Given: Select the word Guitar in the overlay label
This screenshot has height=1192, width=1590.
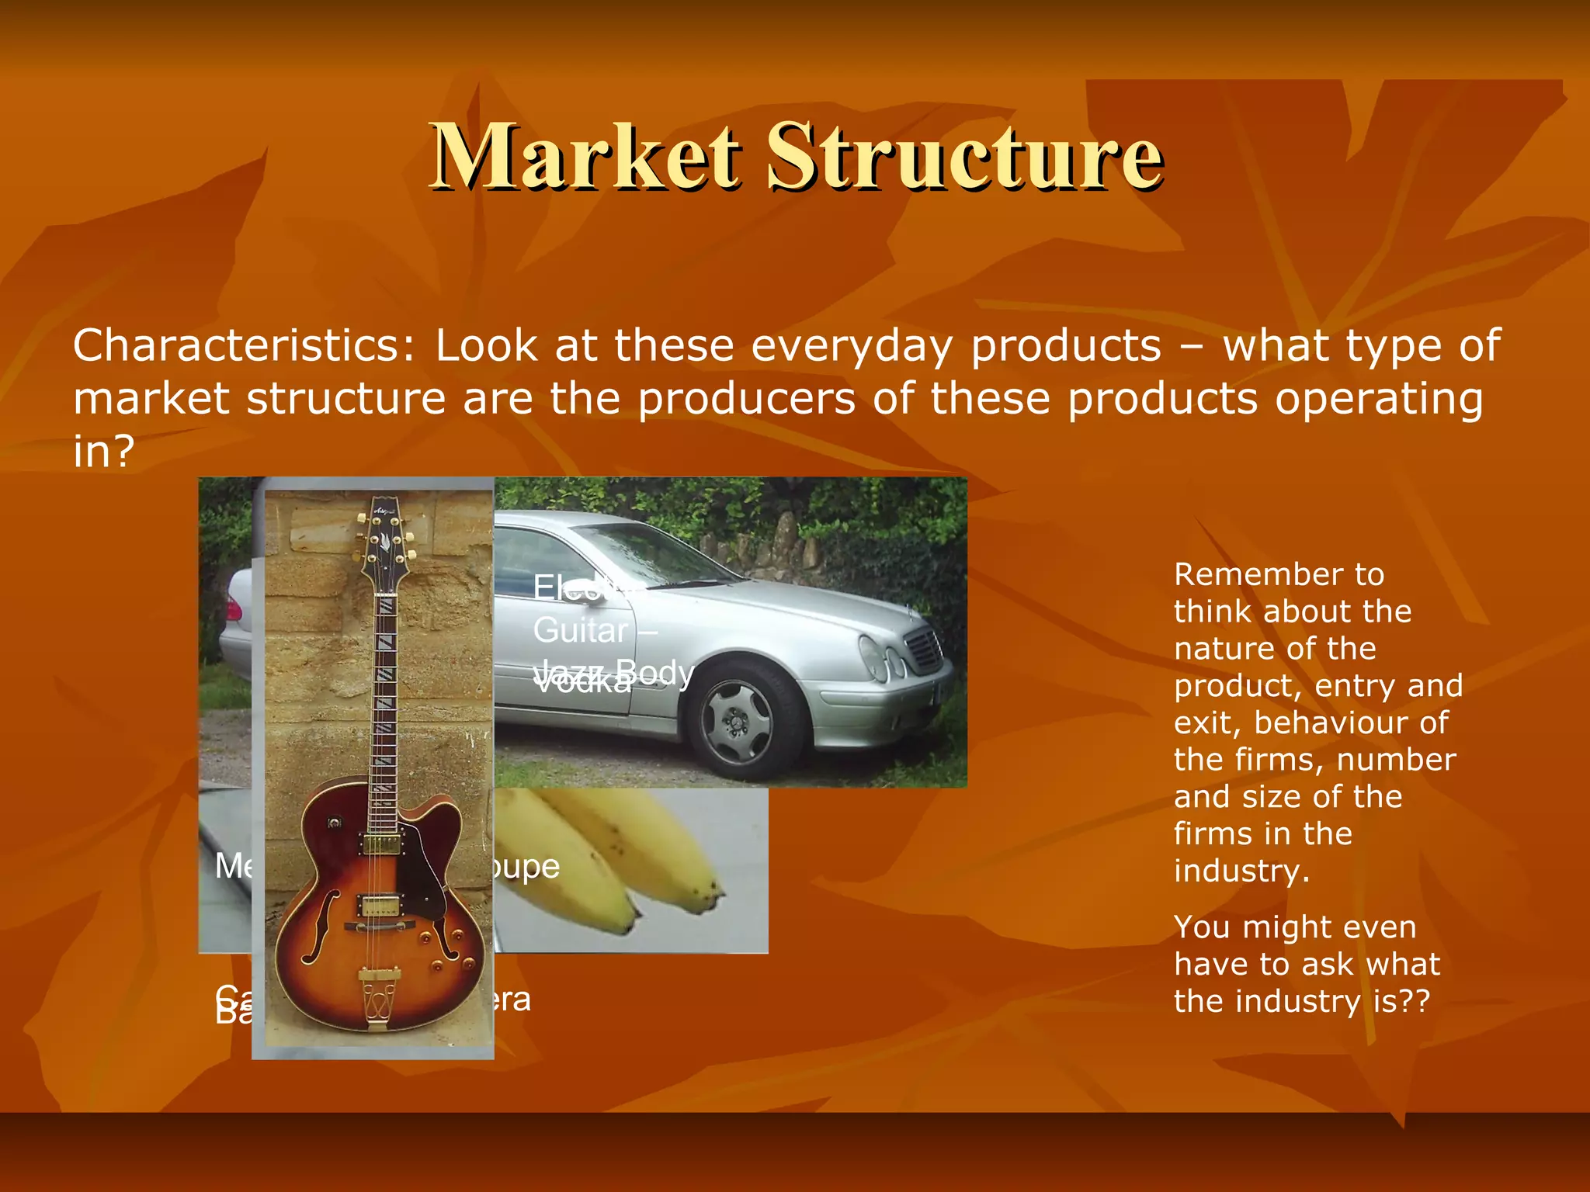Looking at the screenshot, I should (581, 630).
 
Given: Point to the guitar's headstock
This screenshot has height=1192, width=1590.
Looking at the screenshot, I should (382, 539).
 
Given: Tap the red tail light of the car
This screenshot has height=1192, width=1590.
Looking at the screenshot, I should (232, 608).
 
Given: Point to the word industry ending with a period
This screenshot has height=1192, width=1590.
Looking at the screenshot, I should (1241, 871).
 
